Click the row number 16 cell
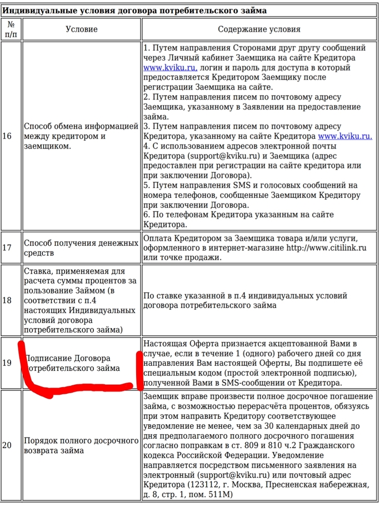coord(7,136)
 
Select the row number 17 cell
coord(7,247)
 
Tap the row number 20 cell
coord(7,445)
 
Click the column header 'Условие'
coord(81,29)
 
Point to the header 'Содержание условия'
coord(259,29)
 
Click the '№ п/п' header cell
coord(11,29)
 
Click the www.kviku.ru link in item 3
coord(345,136)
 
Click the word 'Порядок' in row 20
coord(40,440)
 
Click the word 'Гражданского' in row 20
coord(327,445)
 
